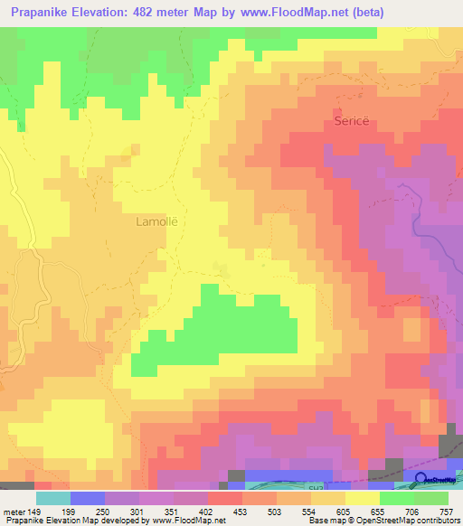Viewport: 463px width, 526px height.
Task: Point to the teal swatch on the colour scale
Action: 52,498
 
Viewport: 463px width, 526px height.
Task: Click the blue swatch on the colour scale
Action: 88,498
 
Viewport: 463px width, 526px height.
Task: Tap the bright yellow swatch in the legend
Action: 363,498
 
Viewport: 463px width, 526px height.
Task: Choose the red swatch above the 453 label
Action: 225,498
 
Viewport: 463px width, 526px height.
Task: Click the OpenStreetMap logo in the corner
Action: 435,481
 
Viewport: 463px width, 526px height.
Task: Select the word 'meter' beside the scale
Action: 14,511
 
